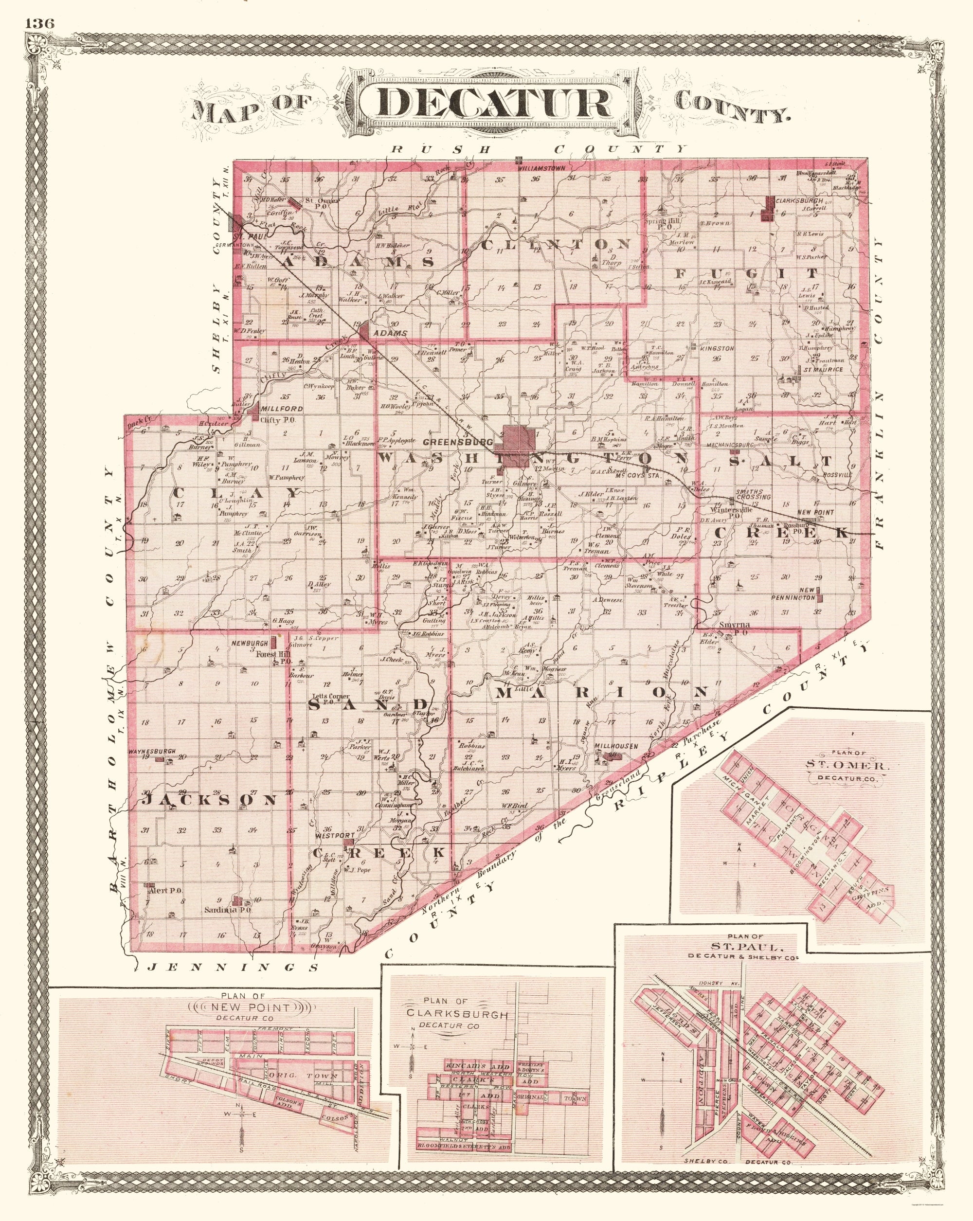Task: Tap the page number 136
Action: tap(38, 23)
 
